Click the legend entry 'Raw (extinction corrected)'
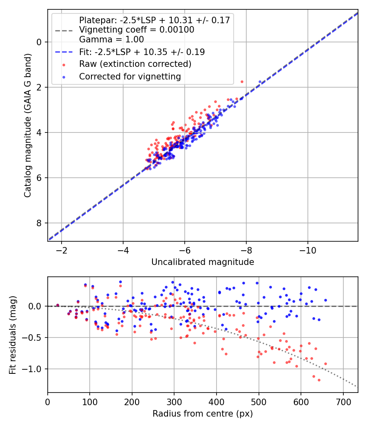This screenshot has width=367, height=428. tap(135, 64)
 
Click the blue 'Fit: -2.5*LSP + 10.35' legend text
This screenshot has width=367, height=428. tap(142, 52)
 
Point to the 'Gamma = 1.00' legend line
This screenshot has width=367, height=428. tap(111, 40)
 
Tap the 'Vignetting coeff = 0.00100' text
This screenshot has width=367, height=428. tap(137, 30)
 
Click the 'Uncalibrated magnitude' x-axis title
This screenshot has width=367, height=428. tap(203, 262)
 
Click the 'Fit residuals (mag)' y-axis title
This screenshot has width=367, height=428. tap(13, 334)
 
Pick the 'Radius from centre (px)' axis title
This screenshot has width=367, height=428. tap(203, 414)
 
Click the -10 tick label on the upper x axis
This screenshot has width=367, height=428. tap(308, 250)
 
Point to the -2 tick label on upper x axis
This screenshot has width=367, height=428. tap(62, 250)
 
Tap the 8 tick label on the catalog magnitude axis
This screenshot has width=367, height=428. tap(39, 223)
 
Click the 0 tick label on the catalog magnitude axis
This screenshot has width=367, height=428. tap(39, 42)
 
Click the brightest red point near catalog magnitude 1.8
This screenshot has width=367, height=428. tap(242, 82)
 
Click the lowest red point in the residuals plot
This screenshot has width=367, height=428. tap(319, 380)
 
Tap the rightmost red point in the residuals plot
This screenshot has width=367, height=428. tap(325, 364)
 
